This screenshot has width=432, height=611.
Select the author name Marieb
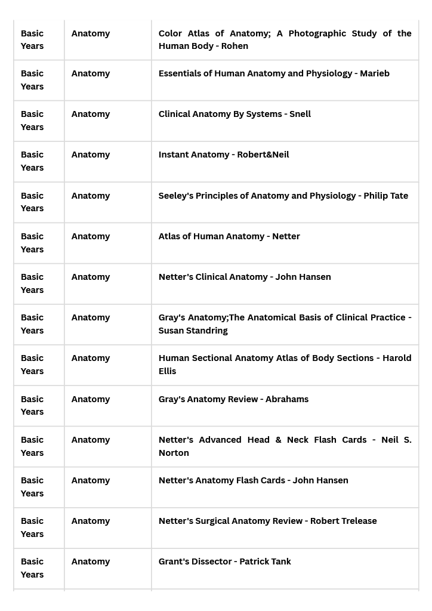[375, 73]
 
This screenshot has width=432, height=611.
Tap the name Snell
[300, 114]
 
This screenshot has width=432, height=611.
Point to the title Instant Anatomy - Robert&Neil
[224, 155]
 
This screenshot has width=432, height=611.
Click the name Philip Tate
[386, 196]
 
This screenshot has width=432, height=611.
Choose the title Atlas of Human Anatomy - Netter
[229, 236]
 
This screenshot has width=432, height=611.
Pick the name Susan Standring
[193, 331]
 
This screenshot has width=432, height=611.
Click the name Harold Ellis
[167, 371]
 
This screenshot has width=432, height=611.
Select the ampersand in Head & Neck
[279, 440]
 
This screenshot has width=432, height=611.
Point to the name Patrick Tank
[266, 561]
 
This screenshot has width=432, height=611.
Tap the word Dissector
[211, 561]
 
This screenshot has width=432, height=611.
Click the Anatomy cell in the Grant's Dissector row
[91, 561]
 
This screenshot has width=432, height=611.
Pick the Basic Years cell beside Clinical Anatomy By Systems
[32, 121]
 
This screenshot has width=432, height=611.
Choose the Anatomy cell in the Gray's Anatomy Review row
[91, 399]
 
